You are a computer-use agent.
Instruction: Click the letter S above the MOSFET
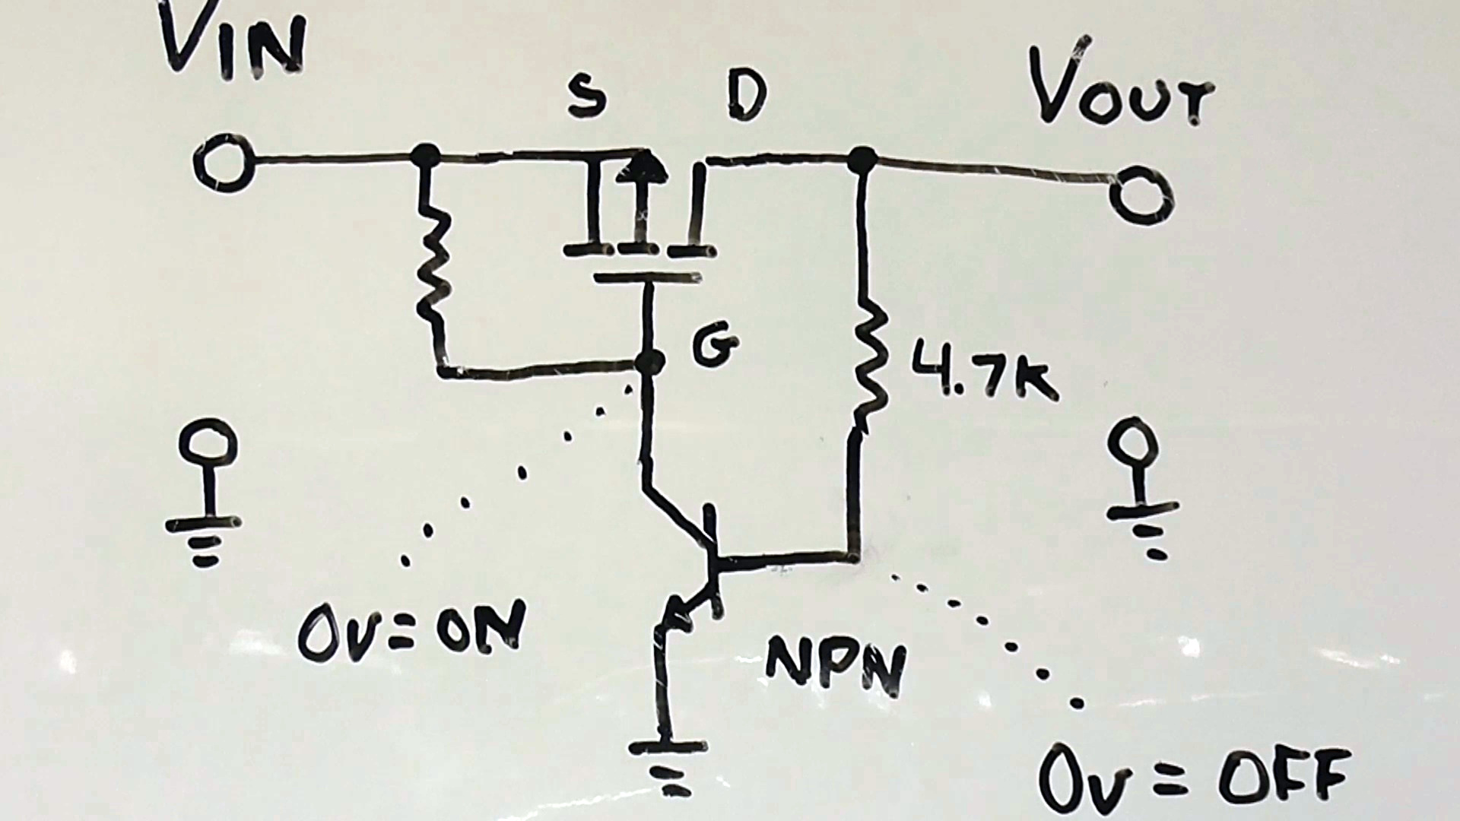tap(587, 99)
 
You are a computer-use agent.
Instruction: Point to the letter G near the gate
tap(715, 347)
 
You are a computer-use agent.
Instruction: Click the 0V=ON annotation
tap(411, 631)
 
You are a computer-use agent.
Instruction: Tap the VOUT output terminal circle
tap(1141, 195)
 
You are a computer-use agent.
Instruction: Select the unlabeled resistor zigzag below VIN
tap(433, 258)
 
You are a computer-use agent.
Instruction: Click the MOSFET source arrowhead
tap(643, 166)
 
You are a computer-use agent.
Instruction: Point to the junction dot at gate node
tap(649, 363)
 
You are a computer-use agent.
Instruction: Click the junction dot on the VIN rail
tap(425, 156)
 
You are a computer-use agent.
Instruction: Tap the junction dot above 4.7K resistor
tap(862, 160)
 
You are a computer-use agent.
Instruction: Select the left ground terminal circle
tap(207, 445)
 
